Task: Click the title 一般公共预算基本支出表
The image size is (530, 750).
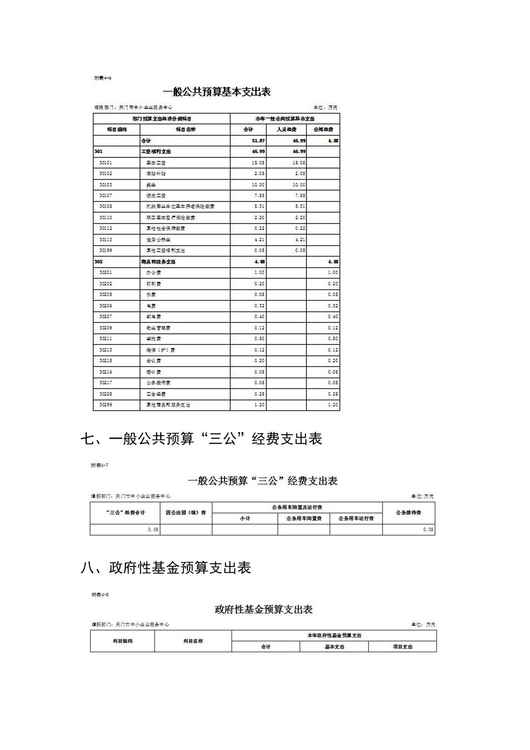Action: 217,92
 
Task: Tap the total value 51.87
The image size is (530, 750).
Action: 258,141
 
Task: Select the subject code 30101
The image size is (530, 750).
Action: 106,162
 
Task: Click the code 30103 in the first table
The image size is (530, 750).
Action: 106,185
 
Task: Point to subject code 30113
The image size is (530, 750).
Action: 106,239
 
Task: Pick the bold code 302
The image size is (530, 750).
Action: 98,262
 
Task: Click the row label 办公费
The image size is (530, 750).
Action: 153,272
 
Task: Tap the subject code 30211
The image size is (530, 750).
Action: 106,338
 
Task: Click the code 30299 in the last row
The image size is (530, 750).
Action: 106,405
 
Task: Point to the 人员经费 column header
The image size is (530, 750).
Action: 286,129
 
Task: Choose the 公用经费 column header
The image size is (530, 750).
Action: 323,129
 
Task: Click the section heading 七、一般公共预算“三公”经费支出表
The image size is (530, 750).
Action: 201,438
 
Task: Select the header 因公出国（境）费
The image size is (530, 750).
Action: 186,513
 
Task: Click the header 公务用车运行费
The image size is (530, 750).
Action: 356,519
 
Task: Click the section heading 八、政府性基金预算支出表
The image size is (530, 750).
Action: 166,567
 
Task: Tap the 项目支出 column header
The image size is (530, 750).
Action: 402,646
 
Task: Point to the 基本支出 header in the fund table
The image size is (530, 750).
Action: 334,646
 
